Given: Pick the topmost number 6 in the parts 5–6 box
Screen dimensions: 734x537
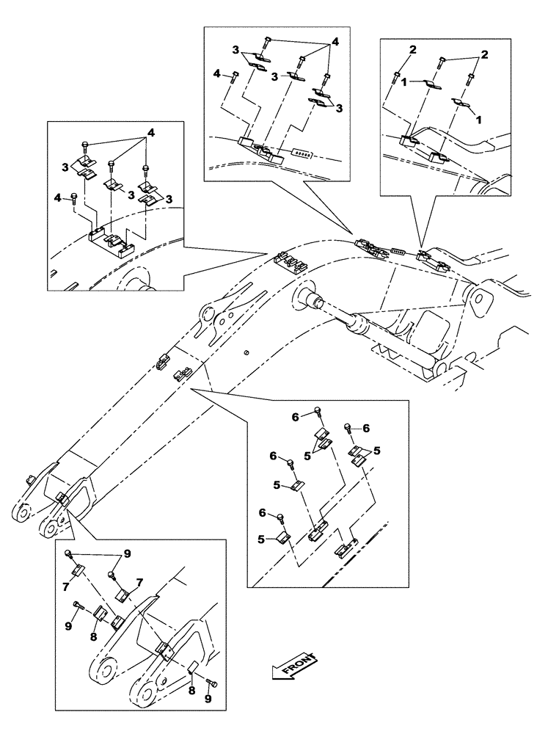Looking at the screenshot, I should pos(295,416).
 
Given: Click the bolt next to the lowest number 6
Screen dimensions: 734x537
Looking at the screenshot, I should pos(282,517).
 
